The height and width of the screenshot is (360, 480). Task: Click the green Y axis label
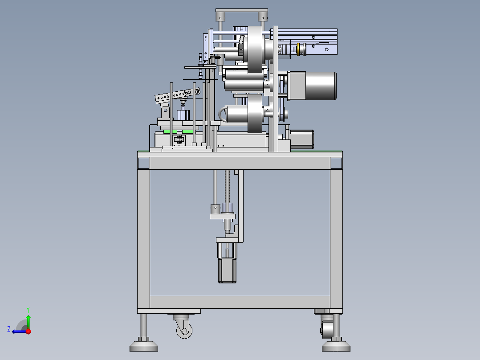point(28,310)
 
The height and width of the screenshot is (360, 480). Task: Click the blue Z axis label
point(9,329)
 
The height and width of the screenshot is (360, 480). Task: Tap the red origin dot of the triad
point(28,331)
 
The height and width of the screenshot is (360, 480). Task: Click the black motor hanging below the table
point(227,271)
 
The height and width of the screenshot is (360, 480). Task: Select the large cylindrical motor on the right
point(321,86)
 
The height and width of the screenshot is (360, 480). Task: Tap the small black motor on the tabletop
point(301,140)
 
